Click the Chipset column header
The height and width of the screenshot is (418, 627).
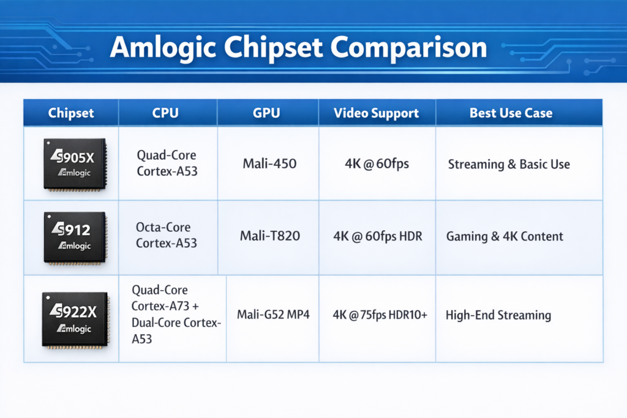[71, 113]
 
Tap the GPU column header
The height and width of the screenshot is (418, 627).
[267, 113]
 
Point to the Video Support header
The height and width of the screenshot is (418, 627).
[377, 113]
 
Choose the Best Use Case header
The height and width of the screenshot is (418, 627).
[511, 113]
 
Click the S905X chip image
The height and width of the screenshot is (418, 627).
[75, 164]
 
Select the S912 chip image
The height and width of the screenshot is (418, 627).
[75, 237]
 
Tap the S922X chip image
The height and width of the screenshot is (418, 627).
[75, 319]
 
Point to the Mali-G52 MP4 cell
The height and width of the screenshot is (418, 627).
[274, 315]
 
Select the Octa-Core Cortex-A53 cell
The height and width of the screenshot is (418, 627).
[167, 236]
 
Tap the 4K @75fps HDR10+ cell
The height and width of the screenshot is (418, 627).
[380, 315]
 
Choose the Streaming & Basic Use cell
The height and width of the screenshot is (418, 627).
[509, 164]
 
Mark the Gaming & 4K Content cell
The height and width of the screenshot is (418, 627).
[505, 236]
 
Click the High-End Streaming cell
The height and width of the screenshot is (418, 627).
[498, 315]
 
